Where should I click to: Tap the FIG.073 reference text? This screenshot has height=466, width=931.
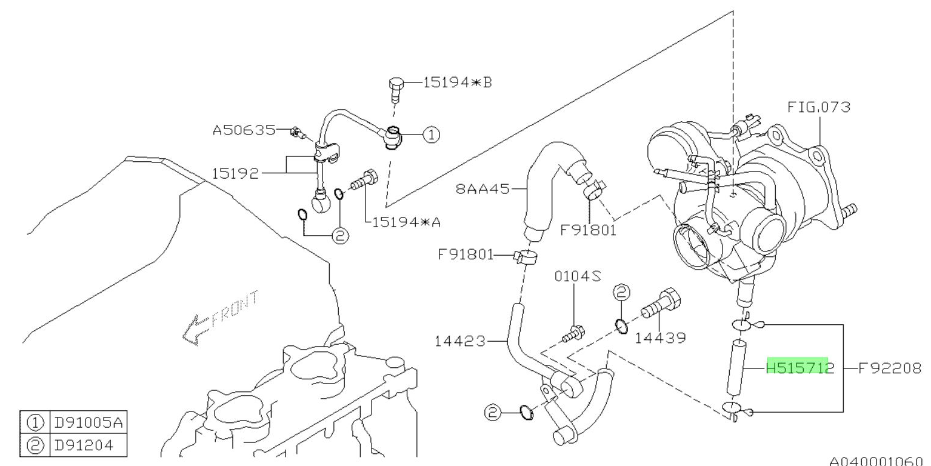818,108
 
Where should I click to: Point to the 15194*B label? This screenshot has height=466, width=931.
448,82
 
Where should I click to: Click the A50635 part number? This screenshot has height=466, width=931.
242,130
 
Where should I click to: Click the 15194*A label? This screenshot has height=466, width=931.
405,222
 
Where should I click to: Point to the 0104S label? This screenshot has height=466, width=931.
578,277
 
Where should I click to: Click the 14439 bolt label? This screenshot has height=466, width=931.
661,338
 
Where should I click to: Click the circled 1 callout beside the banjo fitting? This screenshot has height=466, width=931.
430,135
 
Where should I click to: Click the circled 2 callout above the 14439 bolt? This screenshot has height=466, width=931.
621,293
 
